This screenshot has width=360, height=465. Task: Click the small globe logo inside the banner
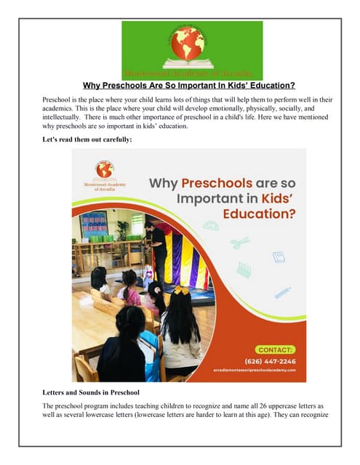click(x=105, y=169)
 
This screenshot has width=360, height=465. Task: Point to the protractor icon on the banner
click(x=211, y=225)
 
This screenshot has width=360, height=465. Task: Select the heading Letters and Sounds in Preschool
click(x=91, y=393)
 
